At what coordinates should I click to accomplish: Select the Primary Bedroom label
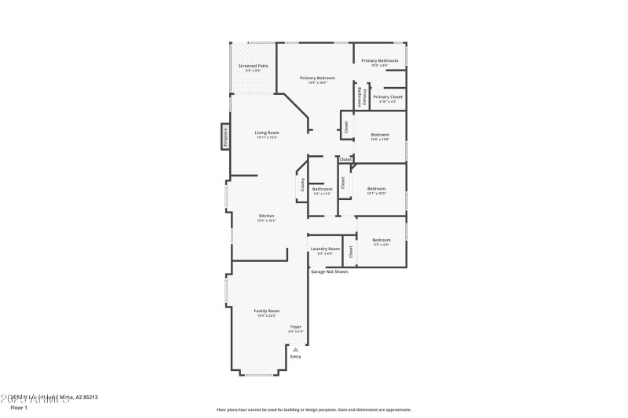click(x=318, y=78)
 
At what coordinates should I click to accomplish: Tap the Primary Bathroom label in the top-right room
click(x=379, y=60)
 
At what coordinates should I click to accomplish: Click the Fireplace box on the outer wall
click(x=225, y=136)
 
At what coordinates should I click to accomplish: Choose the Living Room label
click(x=267, y=133)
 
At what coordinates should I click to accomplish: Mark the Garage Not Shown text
click(x=329, y=271)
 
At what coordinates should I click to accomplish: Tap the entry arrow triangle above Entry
click(x=295, y=350)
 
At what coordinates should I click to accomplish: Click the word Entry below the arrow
click(x=295, y=357)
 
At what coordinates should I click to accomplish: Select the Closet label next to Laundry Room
click(x=351, y=251)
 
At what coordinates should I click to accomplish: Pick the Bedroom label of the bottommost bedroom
click(x=381, y=240)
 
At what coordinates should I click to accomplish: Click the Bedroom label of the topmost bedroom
click(x=379, y=135)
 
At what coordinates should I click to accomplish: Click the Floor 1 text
click(x=18, y=408)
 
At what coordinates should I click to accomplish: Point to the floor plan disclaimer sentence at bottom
click(x=313, y=409)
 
